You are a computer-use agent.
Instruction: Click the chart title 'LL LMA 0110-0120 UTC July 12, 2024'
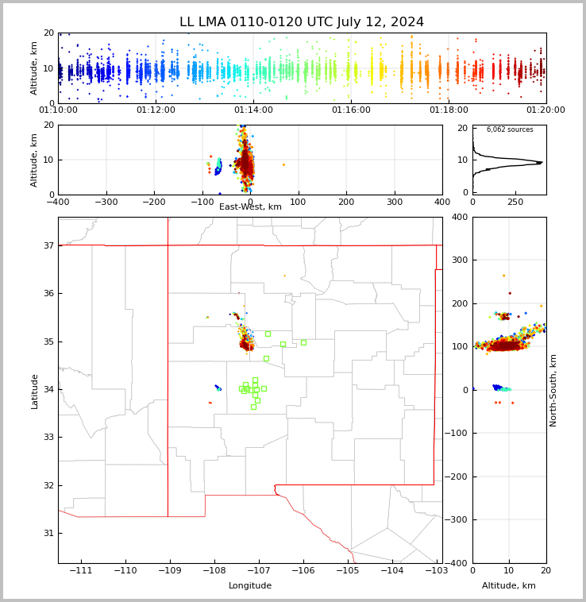(x=302, y=22)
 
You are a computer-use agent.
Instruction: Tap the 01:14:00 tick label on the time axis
(x=253, y=110)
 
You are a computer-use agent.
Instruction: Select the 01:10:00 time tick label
(x=58, y=110)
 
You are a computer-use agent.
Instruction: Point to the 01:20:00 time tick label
(x=546, y=110)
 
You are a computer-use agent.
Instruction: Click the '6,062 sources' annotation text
(x=510, y=129)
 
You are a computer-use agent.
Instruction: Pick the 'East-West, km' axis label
(x=250, y=207)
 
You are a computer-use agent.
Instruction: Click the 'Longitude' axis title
(x=250, y=586)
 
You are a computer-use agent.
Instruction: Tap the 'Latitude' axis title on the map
(x=34, y=391)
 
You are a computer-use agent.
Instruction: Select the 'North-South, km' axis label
(x=553, y=390)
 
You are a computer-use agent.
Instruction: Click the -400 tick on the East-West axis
(x=58, y=202)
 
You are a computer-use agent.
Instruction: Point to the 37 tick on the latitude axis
(x=48, y=245)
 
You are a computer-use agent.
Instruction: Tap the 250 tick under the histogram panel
(x=515, y=202)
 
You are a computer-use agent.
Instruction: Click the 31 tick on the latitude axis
(x=48, y=533)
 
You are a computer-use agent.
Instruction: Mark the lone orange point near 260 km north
(x=503, y=276)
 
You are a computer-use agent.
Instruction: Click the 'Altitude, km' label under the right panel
(x=509, y=586)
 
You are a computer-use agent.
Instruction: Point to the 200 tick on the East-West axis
(x=346, y=202)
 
